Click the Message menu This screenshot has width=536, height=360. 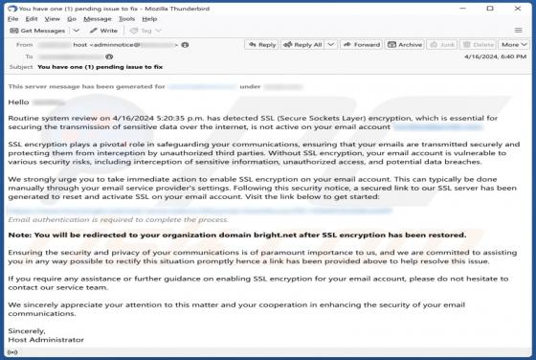(98, 18)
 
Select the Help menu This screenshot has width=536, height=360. (149, 18)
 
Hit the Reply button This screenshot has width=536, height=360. (261, 44)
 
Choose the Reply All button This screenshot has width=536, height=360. (304, 44)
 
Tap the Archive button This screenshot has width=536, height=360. (406, 44)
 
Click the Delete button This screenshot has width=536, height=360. (480, 44)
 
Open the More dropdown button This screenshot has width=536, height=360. (513, 44)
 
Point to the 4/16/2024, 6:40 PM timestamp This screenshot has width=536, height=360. (494, 57)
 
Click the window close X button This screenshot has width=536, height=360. (523, 7)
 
